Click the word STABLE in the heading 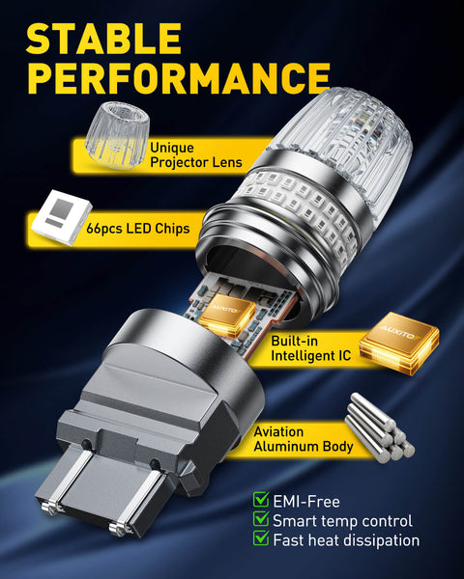(x=104, y=39)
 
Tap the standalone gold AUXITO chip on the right (x=397, y=341)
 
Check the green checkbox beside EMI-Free (x=261, y=500)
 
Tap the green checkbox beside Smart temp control (x=261, y=520)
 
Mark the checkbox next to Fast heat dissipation (x=261, y=540)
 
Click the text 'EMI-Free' (x=306, y=501)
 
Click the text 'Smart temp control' (x=343, y=521)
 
